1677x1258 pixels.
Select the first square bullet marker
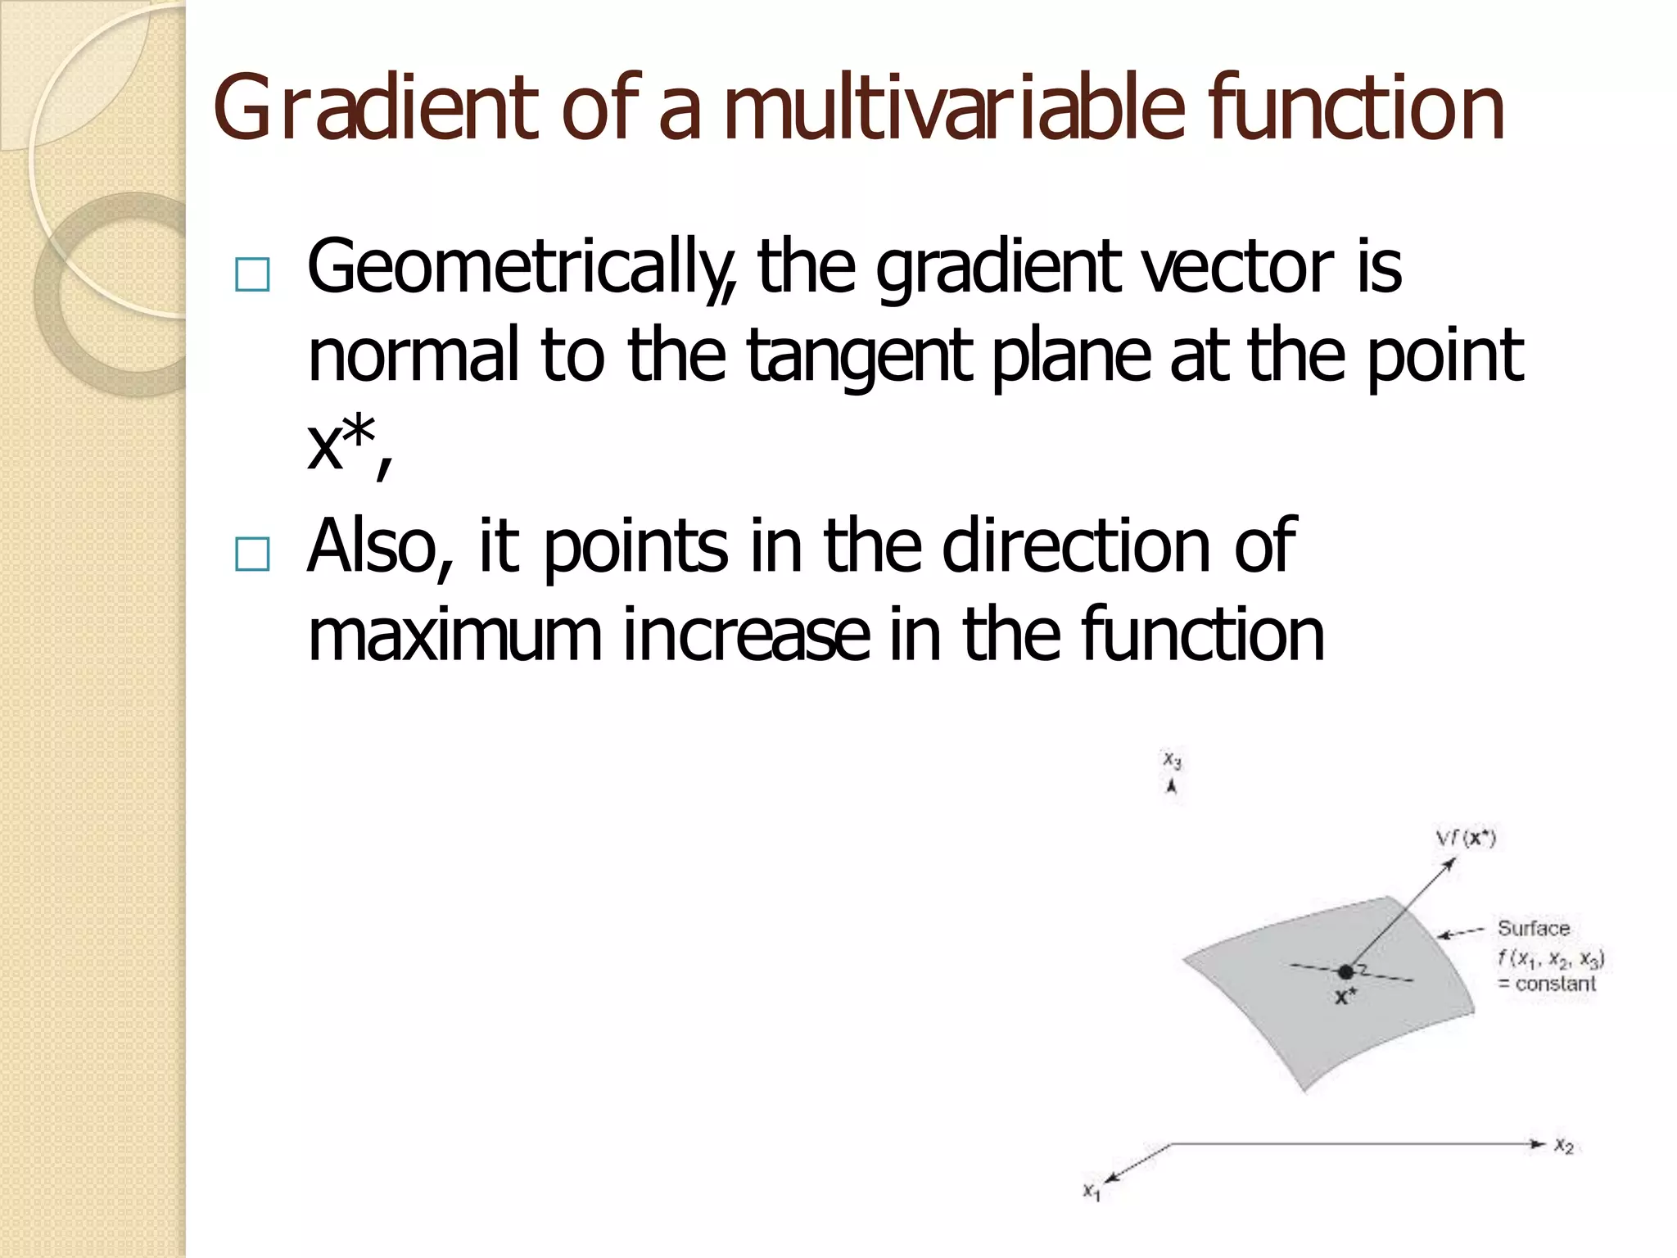coord(251,275)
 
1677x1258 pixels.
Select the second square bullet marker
coord(251,554)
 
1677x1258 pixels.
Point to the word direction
coord(1077,546)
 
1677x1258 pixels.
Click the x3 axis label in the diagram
coord(1173,761)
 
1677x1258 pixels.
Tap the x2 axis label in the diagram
coord(1564,1147)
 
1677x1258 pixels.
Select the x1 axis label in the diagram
coord(1092,1192)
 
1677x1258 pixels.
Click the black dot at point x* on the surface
coord(1345,972)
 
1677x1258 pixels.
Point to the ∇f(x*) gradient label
coord(1466,839)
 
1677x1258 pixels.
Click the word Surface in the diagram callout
coord(1534,929)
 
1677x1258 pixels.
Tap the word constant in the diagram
coord(1555,984)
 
